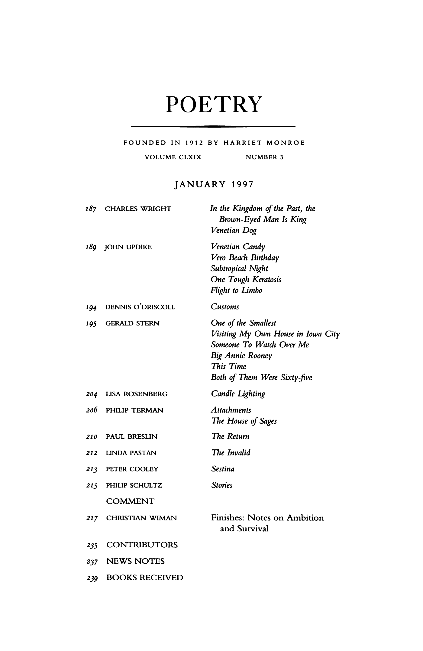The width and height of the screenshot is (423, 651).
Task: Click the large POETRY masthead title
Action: tap(213, 105)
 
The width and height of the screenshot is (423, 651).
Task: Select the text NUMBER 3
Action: tap(265, 157)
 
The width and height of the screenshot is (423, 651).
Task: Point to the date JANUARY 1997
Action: tap(213, 184)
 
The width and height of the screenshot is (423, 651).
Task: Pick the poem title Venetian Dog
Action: tap(234, 231)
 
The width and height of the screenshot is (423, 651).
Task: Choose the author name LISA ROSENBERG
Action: tap(136, 394)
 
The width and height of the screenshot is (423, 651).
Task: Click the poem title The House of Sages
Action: tap(244, 421)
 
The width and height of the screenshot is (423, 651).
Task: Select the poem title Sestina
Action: tap(223, 469)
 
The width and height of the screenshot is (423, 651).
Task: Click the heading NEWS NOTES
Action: tap(135, 562)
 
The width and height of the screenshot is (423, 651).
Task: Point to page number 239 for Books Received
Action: tap(92, 578)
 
